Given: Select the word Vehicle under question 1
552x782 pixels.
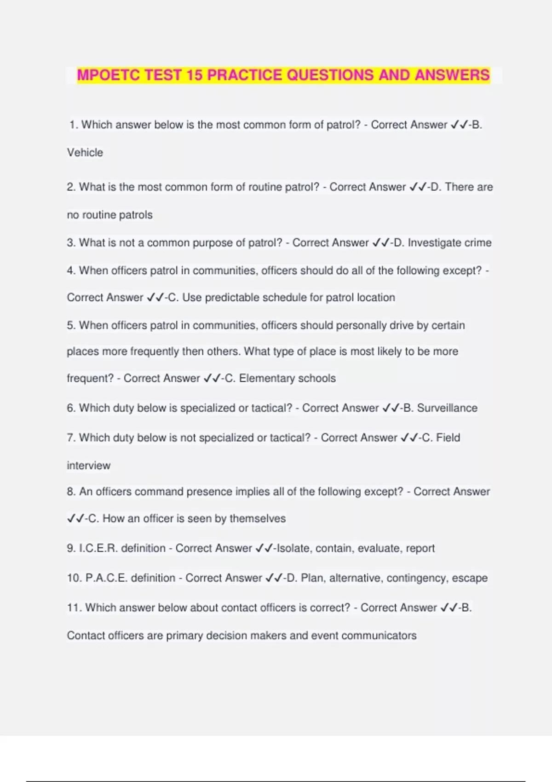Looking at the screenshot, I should (85, 153).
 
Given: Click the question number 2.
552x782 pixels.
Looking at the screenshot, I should (71, 187).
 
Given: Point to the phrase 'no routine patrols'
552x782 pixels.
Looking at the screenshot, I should (109, 215).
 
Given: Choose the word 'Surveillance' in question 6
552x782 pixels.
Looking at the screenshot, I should (447, 408).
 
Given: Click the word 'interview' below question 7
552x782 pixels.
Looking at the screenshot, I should (89, 466).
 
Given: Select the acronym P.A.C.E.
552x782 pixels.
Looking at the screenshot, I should (106, 578).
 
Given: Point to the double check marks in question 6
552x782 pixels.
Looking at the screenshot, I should (391, 408).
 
